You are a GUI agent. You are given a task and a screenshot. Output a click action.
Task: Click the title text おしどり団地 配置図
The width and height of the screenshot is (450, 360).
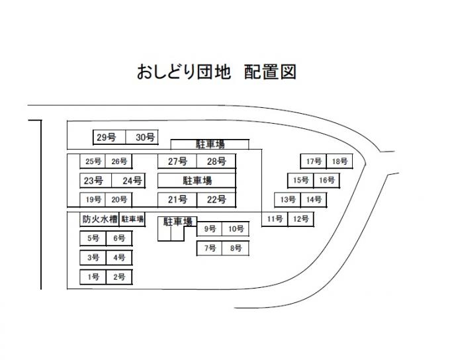216,72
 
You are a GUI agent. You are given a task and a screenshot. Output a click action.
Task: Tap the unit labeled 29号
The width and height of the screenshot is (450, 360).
107,138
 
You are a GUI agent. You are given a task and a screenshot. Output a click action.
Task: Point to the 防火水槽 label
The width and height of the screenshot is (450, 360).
99,219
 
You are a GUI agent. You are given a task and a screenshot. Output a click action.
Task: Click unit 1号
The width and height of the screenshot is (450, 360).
93,277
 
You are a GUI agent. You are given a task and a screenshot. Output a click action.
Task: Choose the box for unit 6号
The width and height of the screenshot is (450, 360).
119,238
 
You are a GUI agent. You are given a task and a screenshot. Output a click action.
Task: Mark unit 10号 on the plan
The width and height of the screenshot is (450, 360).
236,229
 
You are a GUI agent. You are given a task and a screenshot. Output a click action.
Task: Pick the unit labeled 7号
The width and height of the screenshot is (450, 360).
210,248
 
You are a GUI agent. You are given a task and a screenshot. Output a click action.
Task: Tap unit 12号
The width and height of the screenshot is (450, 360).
300,219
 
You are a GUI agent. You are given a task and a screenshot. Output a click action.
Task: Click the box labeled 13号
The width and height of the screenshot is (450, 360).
287,199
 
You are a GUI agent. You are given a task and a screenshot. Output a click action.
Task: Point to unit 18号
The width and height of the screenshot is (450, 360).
339,161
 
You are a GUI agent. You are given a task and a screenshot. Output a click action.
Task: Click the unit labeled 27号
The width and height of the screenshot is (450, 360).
177,161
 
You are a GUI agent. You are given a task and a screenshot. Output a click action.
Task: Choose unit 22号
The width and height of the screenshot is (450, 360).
216,199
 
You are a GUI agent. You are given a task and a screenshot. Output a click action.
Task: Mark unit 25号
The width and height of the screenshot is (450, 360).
93,161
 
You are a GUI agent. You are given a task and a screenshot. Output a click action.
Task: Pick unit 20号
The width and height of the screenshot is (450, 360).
119,199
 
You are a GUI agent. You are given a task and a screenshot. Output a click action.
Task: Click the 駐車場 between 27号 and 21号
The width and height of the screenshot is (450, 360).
197,180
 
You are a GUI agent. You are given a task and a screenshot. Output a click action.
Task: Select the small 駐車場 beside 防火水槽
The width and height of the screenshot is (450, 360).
132,219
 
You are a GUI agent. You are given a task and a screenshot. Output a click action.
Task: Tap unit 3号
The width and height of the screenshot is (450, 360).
93,257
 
